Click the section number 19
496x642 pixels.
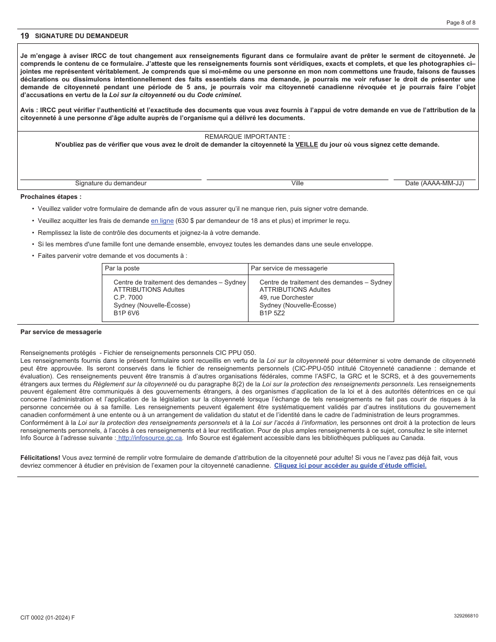(x=25, y=36)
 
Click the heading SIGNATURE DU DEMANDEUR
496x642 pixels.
(x=81, y=36)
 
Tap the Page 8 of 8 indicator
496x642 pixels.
(x=461, y=22)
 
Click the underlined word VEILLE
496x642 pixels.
(x=306, y=145)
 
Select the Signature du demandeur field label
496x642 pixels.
(x=111, y=183)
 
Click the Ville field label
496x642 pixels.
(x=298, y=183)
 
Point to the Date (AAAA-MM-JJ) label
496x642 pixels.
(x=434, y=183)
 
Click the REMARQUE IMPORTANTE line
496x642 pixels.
(x=247, y=137)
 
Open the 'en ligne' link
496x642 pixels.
(x=162, y=221)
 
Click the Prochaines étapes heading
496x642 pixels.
(x=51, y=197)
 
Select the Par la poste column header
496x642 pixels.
(x=122, y=268)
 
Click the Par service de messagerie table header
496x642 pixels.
(x=289, y=268)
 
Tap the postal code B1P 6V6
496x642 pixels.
(x=126, y=313)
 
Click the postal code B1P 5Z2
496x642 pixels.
(x=272, y=313)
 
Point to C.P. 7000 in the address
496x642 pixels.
(x=128, y=298)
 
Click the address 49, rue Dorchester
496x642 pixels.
(x=286, y=298)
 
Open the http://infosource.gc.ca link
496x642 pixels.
(x=150, y=438)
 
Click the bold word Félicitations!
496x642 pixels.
(x=40, y=458)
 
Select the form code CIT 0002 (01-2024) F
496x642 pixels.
(x=48, y=617)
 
